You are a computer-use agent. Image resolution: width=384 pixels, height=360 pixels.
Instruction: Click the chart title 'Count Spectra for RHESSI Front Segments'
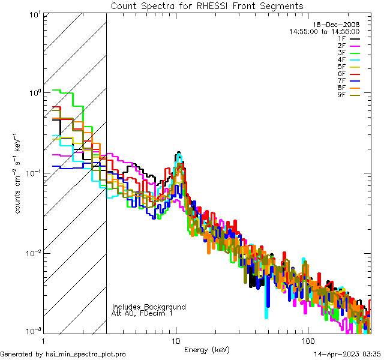207,6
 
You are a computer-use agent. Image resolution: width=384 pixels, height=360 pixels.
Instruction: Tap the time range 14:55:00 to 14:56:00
324,31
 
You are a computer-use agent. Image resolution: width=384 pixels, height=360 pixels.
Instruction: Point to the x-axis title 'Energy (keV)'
207,349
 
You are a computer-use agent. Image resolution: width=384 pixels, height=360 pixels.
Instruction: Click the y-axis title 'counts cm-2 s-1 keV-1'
20,174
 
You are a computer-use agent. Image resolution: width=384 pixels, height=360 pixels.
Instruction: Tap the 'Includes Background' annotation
149,307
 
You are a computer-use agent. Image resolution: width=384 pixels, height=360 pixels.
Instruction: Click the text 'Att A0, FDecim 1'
142,314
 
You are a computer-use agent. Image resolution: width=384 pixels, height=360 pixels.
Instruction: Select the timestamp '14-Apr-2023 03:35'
347,355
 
